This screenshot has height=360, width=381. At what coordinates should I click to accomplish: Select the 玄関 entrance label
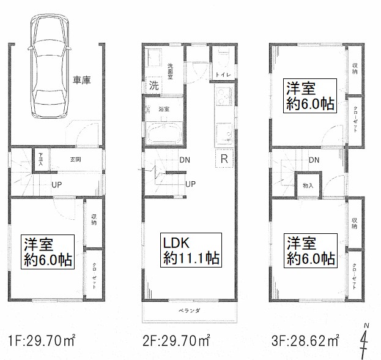(x=75, y=160)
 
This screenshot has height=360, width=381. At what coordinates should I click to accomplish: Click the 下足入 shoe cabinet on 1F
(x=40, y=160)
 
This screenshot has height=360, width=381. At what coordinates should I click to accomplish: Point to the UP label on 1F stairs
(x=56, y=184)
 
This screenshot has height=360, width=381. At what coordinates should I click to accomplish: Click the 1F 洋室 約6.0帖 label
(x=48, y=251)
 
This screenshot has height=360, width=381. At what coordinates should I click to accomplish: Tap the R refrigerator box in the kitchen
(x=224, y=159)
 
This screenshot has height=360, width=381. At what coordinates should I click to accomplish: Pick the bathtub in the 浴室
(x=163, y=132)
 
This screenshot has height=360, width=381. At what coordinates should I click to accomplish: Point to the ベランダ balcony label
(x=189, y=311)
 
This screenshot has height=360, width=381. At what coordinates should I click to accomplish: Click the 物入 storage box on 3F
(x=308, y=186)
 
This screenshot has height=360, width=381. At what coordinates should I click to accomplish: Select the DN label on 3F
(x=314, y=160)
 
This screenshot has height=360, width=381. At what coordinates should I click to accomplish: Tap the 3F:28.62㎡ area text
(x=306, y=339)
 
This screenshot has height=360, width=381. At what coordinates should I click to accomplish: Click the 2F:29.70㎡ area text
(x=179, y=339)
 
